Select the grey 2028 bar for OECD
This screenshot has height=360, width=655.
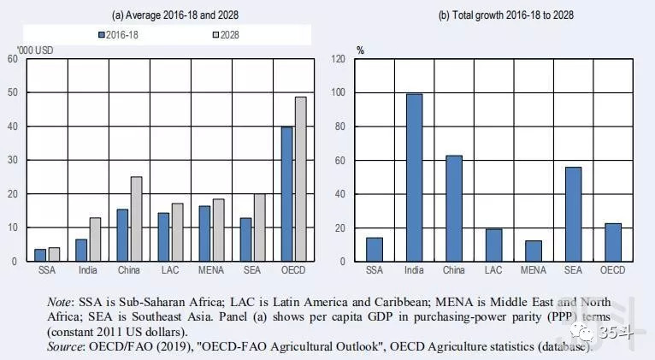point(300,179)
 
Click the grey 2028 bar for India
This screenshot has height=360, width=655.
point(95,239)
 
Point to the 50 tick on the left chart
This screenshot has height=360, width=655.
point(12,92)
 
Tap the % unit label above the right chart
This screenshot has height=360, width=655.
point(360,50)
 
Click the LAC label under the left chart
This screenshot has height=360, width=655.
point(170,272)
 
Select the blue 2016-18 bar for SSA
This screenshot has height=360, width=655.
point(40,255)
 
